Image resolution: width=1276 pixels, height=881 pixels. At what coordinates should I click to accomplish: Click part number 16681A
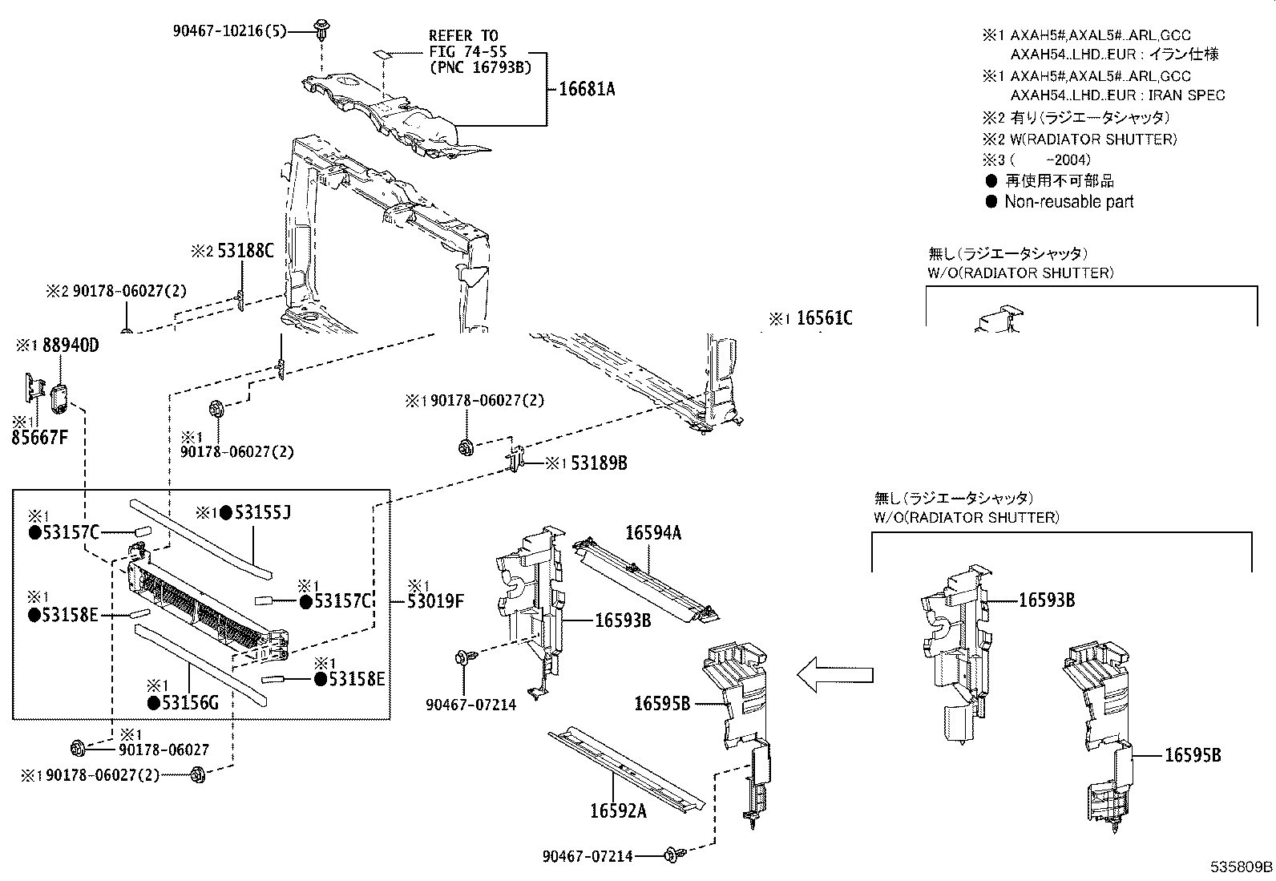pyautogui.click(x=587, y=90)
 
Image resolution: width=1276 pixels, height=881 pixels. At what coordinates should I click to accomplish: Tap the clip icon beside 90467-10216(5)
pyautogui.click(x=322, y=30)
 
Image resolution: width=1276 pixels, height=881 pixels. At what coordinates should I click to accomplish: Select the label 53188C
pyautogui.click(x=245, y=251)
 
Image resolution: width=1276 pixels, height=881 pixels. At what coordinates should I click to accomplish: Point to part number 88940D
pyautogui.click(x=71, y=346)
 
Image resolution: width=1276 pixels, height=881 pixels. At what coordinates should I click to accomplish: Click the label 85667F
pyautogui.click(x=39, y=438)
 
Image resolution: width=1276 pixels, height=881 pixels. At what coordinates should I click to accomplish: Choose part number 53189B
pyautogui.click(x=599, y=463)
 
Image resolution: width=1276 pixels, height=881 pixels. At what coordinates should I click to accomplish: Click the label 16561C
pyautogui.click(x=824, y=318)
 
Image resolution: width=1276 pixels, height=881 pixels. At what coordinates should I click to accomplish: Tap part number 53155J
pyautogui.click(x=263, y=513)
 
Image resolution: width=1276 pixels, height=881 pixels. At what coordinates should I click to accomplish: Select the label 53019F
pyautogui.click(x=435, y=600)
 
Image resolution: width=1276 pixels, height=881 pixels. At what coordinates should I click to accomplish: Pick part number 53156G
pyautogui.click(x=190, y=703)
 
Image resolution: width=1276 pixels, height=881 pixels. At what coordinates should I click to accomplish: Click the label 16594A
pyautogui.click(x=653, y=533)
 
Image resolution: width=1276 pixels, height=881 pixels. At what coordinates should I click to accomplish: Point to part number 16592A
pyautogui.click(x=618, y=811)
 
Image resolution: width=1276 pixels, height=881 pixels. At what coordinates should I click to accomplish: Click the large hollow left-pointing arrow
pyautogui.click(x=834, y=675)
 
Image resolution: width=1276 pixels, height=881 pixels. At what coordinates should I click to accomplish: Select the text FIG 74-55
pyautogui.click(x=467, y=52)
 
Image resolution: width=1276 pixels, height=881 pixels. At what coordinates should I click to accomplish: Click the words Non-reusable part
pyautogui.click(x=1069, y=202)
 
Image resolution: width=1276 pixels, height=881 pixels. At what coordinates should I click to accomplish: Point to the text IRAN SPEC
pyautogui.click(x=1186, y=95)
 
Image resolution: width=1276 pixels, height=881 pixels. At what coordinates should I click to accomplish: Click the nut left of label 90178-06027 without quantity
pyautogui.click(x=78, y=748)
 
